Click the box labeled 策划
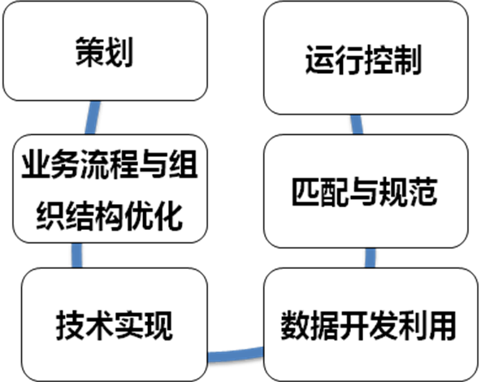[x=106, y=51]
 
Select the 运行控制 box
[x=366, y=58]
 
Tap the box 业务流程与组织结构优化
[x=110, y=189]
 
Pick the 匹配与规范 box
[x=366, y=191]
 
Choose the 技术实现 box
[x=115, y=324]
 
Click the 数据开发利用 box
[x=370, y=324]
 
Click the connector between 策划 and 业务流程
[x=93, y=118]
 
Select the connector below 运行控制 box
[x=357, y=124]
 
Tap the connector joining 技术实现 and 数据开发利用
[x=236, y=354]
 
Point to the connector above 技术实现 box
[x=76, y=255]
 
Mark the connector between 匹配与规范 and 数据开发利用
[x=370, y=258]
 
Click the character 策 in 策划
[x=89, y=51]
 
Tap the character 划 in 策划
[x=119, y=51]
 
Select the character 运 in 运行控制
[x=320, y=59]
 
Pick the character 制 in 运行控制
[x=407, y=59]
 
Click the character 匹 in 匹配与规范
[x=306, y=192]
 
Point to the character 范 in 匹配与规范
[x=422, y=192]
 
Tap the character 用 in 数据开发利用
[x=442, y=325]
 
